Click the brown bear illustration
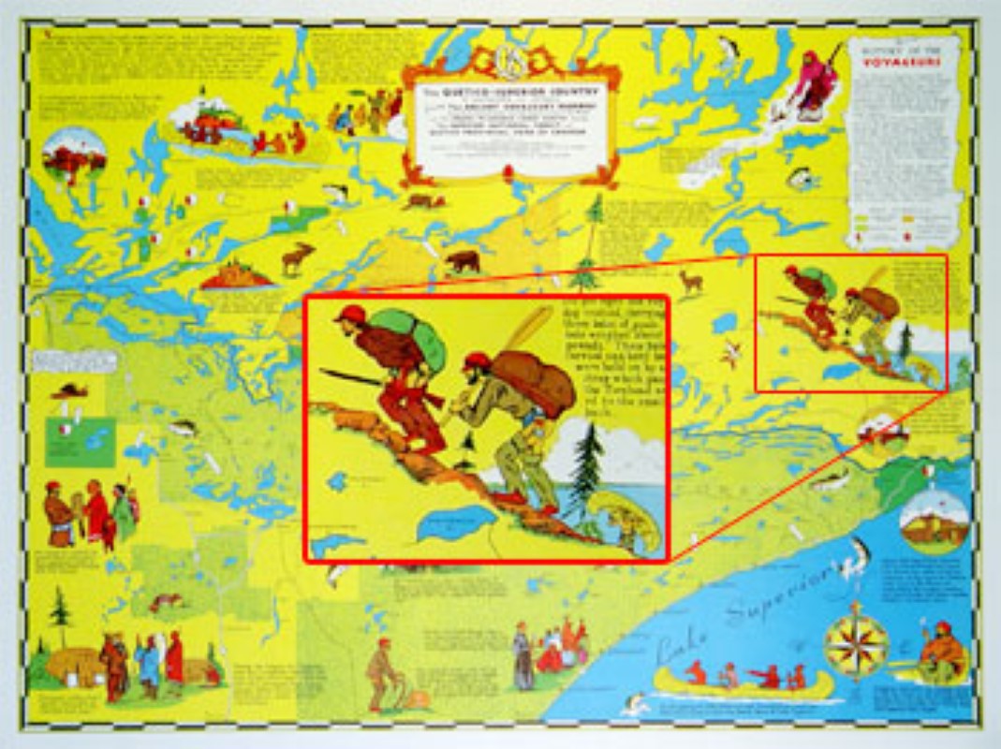pyautogui.click(x=462, y=260)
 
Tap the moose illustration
pyautogui.click(x=298, y=257)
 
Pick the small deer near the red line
pyautogui.click(x=690, y=280)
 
